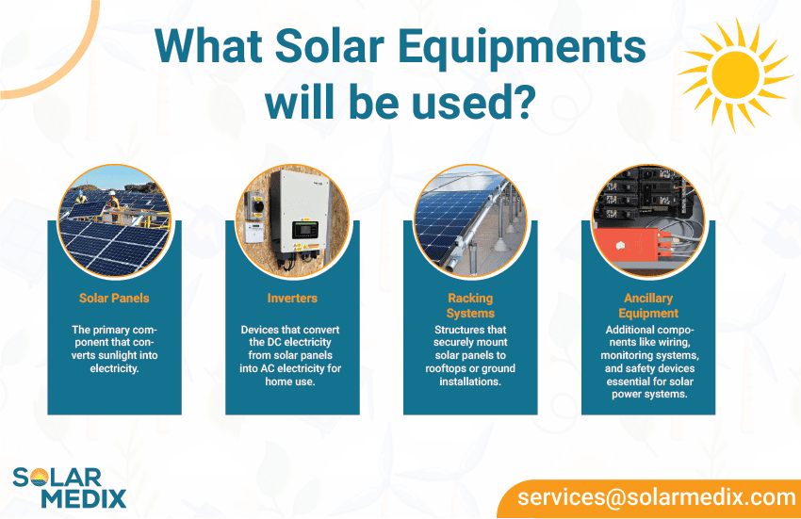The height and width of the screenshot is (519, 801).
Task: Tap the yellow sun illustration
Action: coord(736,75)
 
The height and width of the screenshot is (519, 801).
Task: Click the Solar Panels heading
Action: coord(114,299)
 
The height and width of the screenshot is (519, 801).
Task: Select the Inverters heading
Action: coord(292,299)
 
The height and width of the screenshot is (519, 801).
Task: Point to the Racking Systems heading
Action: coord(470,305)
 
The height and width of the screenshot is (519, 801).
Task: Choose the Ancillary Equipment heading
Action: coord(648,305)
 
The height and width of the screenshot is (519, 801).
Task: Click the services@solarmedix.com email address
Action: coord(657,497)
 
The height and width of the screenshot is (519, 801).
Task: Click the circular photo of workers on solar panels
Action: coord(114,221)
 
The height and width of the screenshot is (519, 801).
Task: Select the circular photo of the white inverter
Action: coord(292,221)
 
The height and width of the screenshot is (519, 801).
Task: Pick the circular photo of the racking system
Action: coord(470,221)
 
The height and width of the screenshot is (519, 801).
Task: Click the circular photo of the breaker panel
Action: coord(648,221)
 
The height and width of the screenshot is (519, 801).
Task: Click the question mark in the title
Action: coord(523,101)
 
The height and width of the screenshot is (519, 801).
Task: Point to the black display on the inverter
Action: coord(305,230)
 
